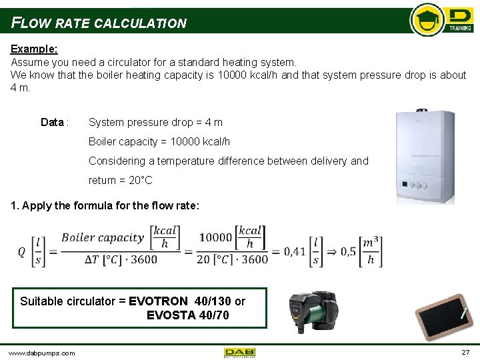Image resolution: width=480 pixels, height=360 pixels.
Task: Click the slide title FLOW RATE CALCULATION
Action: pos(99,23)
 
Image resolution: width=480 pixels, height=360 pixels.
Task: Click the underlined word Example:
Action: pos(34,49)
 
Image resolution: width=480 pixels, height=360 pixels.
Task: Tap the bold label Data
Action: pos(53,122)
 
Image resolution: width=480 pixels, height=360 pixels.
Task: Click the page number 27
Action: pos(465,352)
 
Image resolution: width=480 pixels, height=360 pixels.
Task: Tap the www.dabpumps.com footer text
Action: pos(41,353)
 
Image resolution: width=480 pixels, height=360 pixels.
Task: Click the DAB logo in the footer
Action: pos(239,352)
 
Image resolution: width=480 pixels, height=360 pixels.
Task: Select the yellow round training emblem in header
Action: pos(427,20)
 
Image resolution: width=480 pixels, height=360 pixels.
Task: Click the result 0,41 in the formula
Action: pos(295,251)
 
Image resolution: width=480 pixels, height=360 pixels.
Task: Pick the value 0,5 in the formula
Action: pos(348,251)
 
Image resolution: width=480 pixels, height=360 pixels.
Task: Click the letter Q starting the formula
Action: pos(21,251)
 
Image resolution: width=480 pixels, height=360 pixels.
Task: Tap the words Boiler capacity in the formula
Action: pos(103,238)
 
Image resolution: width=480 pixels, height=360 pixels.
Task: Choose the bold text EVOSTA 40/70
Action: pos(187,315)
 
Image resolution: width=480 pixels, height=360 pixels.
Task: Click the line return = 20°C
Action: pos(120,180)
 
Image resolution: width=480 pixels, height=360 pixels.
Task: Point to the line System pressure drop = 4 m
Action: pos(155,122)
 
